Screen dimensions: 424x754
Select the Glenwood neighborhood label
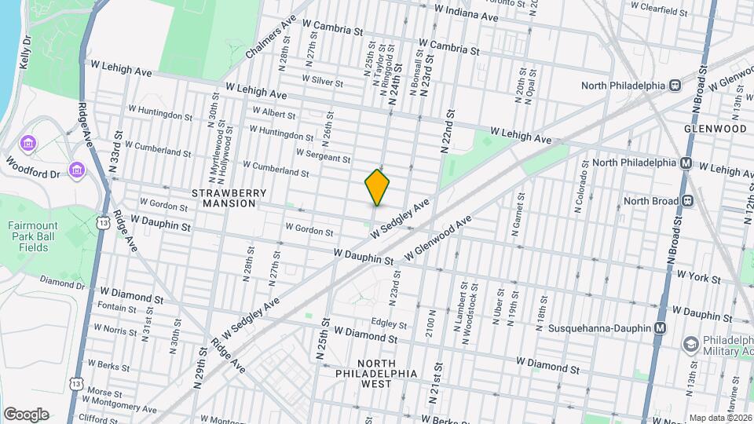(715, 128)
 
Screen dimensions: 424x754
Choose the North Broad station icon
(686, 201)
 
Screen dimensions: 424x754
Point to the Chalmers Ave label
(269, 36)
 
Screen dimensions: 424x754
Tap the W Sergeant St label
(324, 156)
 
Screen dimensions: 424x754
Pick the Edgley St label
(389, 323)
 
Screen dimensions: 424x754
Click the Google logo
(26, 414)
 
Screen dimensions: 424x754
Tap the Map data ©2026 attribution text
(720, 418)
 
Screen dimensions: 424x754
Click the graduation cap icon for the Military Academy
(690, 344)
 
